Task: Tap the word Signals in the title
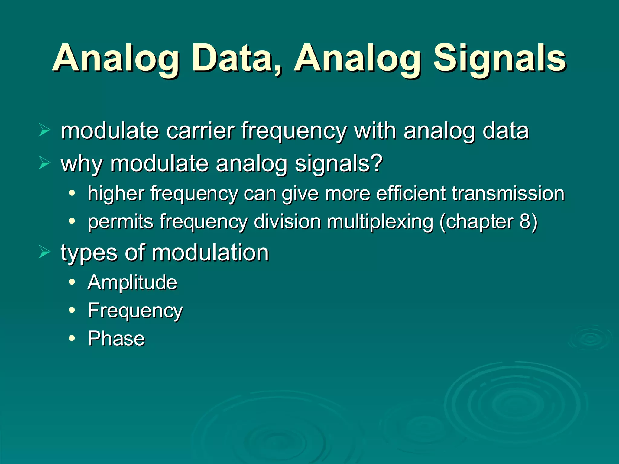point(499,59)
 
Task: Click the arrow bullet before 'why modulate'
point(44,163)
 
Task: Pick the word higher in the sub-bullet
point(116,194)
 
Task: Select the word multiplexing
point(380,222)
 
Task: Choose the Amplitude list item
point(132,282)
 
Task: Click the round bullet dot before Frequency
point(72,310)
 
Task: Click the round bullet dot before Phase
point(72,338)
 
